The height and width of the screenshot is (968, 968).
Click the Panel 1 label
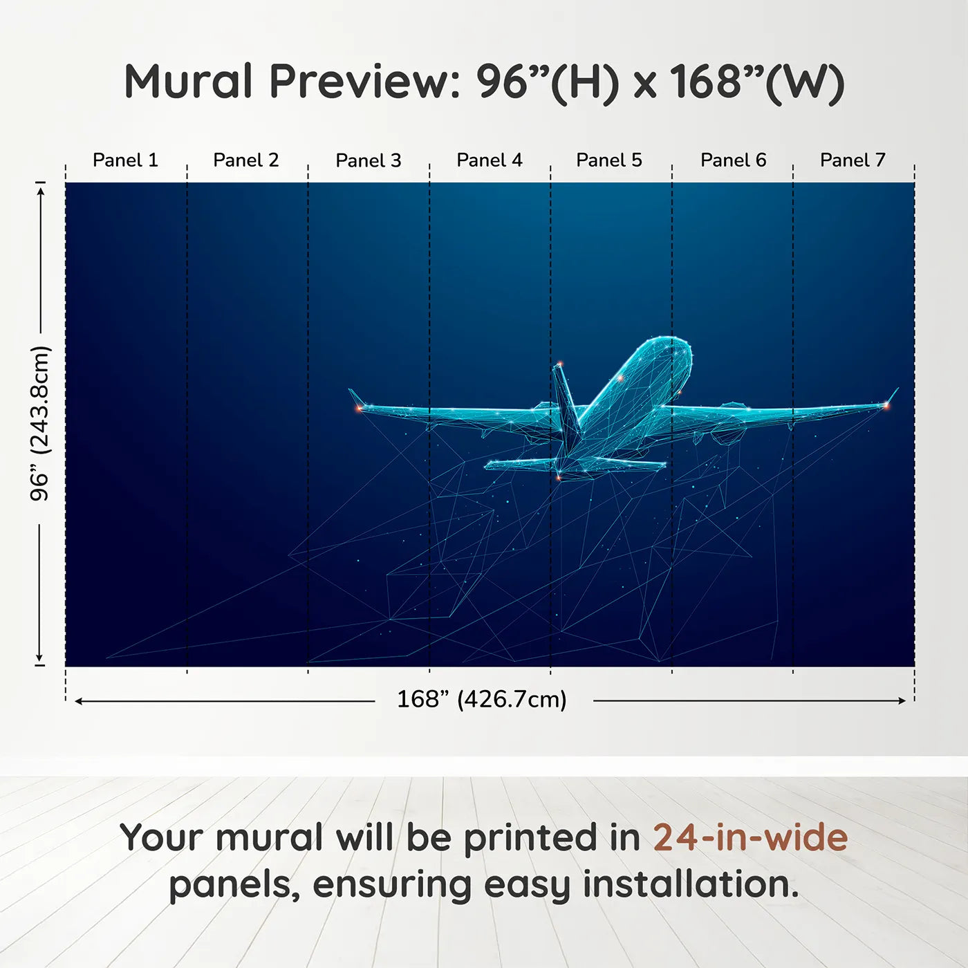click(x=125, y=160)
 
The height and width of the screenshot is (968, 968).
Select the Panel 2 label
click(x=245, y=160)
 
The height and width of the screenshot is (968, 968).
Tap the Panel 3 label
click(x=369, y=160)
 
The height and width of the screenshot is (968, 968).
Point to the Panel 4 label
click(x=490, y=160)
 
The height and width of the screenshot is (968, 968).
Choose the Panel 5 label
click(x=609, y=160)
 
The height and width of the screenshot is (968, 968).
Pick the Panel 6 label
click(x=734, y=160)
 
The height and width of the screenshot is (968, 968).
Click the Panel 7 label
click(x=853, y=160)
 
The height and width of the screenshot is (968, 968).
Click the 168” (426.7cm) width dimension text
click(x=482, y=700)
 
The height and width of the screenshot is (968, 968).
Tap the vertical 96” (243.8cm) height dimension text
click(x=39, y=423)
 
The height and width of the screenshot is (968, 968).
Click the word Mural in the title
click(x=188, y=81)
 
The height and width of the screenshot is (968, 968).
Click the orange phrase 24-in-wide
click(x=750, y=837)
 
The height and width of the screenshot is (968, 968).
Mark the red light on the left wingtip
click(x=359, y=409)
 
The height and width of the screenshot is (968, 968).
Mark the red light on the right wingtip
click(x=886, y=406)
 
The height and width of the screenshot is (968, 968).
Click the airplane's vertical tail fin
click(x=565, y=397)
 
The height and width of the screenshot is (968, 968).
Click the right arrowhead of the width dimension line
click(x=902, y=700)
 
